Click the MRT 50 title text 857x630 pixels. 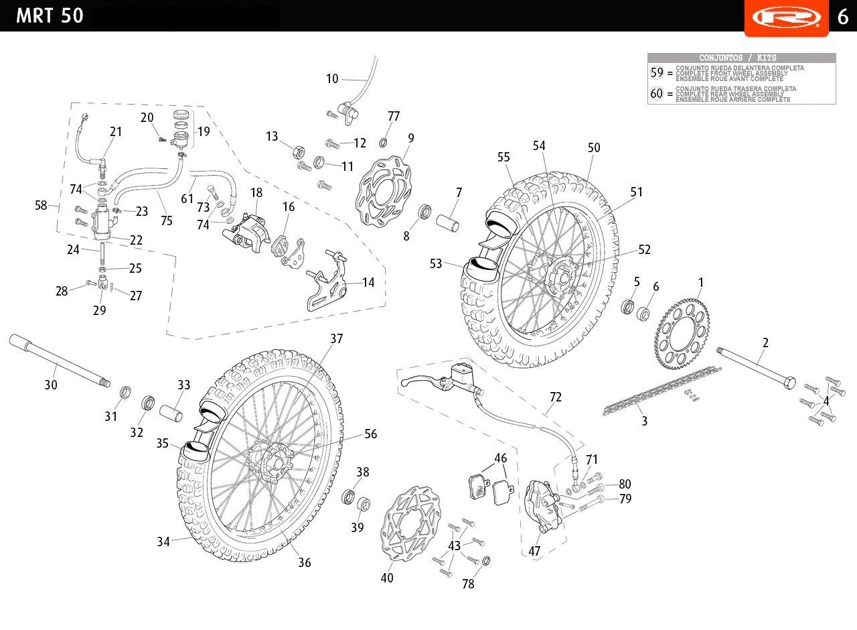(50, 15)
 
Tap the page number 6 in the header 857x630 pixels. (843, 16)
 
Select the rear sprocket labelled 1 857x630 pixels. (682, 336)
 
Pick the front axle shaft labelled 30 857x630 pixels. (57, 362)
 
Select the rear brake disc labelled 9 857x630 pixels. (385, 191)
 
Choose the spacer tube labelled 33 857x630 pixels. (170, 409)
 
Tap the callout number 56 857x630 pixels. (370, 434)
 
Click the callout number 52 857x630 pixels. (644, 249)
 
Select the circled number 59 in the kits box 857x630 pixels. (657, 72)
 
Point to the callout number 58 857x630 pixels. (42, 205)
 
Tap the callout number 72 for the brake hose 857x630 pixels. (556, 397)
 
